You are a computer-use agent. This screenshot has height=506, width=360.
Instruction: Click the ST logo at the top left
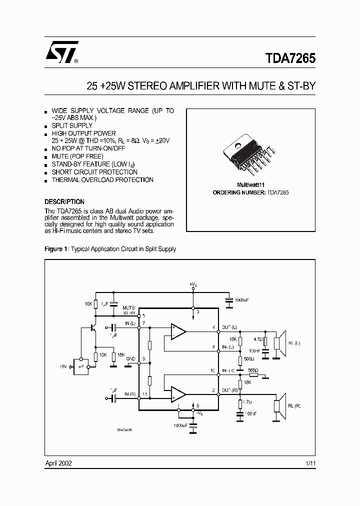coord(60,52)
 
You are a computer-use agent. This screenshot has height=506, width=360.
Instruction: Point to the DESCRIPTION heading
coord(64,202)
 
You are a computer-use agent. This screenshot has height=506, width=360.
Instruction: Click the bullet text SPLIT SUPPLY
coord(72,125)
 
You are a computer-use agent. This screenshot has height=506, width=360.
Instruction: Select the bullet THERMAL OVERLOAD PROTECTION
coord(102,179)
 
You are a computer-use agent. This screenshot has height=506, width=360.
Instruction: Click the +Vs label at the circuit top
coord(193,284)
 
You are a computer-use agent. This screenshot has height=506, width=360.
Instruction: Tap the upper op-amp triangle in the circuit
coord(177,331)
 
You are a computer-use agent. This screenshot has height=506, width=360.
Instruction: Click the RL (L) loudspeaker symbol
coord(279,344)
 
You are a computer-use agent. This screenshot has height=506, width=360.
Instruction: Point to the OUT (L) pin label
coord(229,327)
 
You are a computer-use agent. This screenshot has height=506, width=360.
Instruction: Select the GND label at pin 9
coord(131,359)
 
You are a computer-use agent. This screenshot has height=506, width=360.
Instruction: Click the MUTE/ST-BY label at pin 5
coord(129,310)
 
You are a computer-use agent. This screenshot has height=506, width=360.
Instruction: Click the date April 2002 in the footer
coord(58,463)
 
